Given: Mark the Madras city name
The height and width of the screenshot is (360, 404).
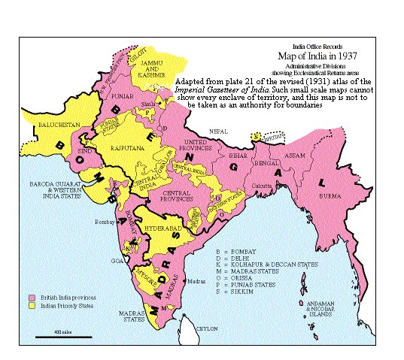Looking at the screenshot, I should pyautogui.click(x=196, y=280).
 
